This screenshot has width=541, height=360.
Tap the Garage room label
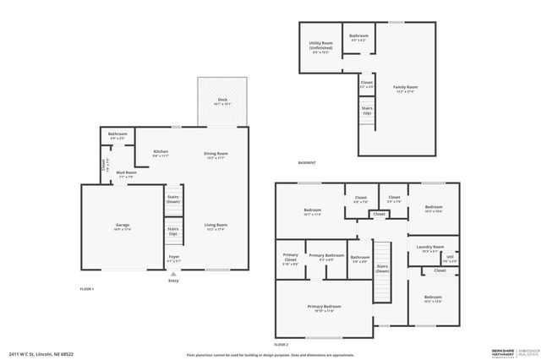[123, 226]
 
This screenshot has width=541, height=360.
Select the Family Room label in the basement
[406, 88]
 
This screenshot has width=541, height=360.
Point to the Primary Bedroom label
[324, 308]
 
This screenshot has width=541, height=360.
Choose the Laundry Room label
[430, 248]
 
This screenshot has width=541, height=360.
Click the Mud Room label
[125, 174]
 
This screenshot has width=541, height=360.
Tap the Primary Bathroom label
[325, 257]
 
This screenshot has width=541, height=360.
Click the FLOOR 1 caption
[86, 289]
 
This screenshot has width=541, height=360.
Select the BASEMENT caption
[307, 163]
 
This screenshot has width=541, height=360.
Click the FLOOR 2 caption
[281, 345]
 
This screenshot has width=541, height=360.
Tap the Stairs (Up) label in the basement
[367, 110]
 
